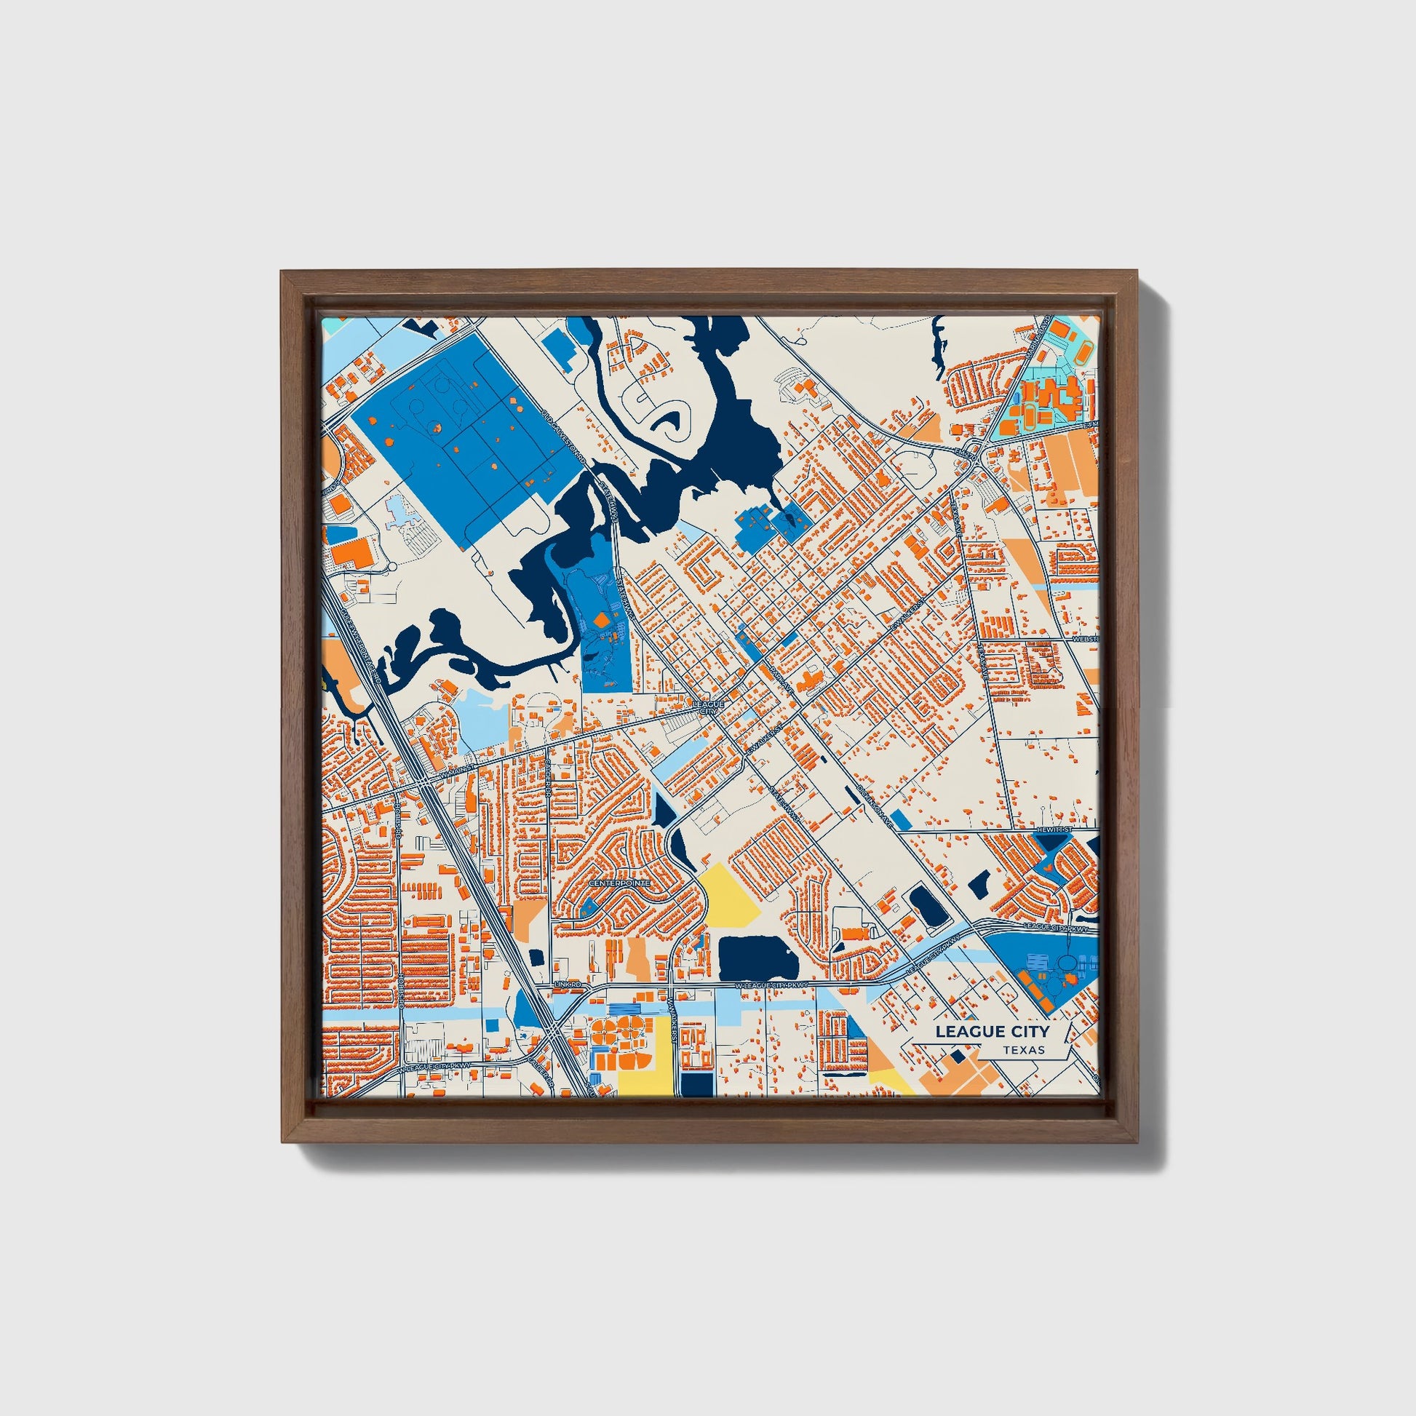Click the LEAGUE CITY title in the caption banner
[992, 1032]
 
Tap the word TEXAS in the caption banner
[1025, 1050]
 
